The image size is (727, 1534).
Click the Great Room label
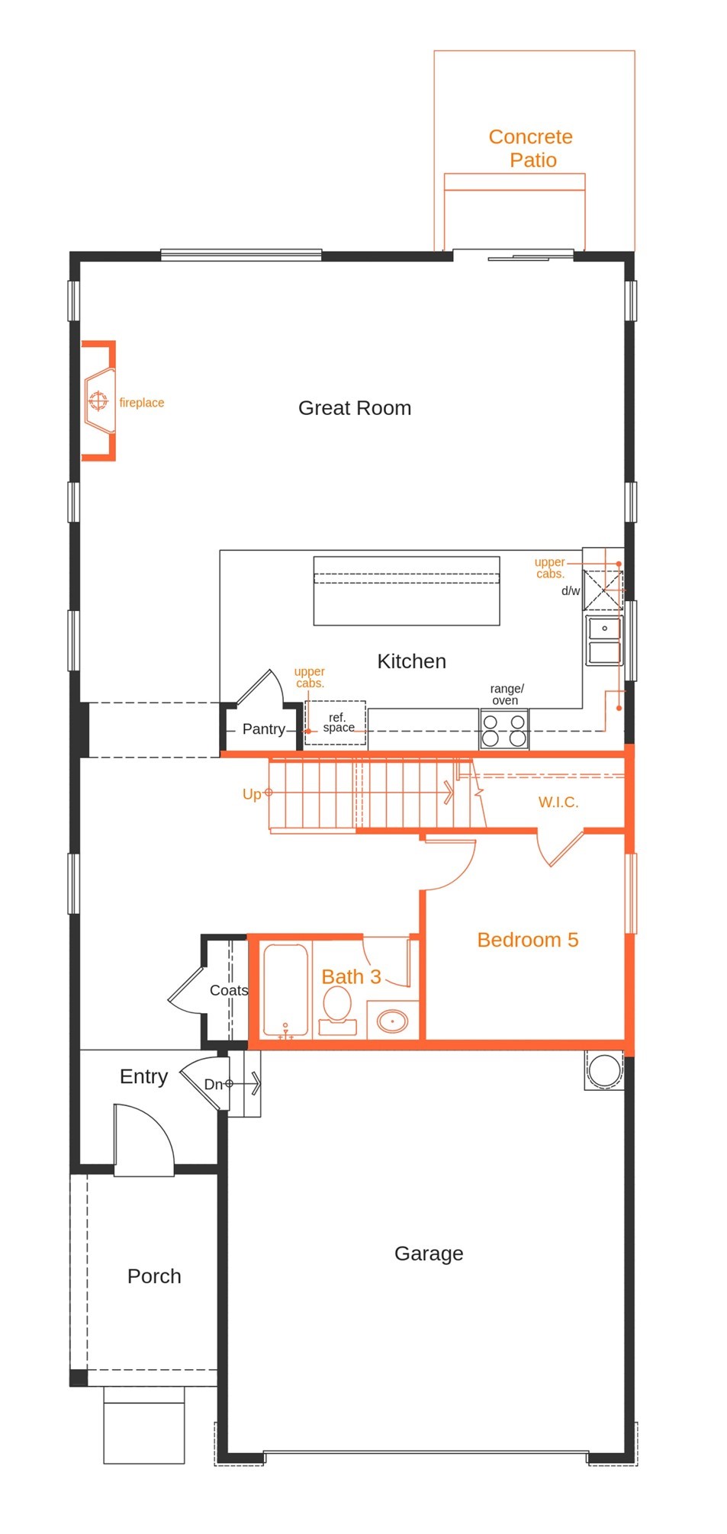click(355, 408)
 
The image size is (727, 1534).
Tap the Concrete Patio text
click(531, 148)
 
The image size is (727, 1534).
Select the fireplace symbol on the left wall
click(99, 400)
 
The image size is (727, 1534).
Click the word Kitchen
click(411, 661)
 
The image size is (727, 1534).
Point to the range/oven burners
click(504, 729)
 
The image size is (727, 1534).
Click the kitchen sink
click(604, 640)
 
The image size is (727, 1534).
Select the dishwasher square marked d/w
click(603, 590)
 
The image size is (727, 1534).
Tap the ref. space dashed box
click(336, 722)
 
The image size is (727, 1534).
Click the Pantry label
click(263, 729)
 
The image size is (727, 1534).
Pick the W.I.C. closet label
click(558, 802)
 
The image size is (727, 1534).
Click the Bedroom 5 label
click(528, 940)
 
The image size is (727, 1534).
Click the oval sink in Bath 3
click(393, 1021)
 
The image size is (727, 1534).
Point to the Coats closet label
click(229, 990)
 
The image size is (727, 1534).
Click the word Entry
click(143, 1077)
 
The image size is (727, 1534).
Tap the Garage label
click(429, 1254)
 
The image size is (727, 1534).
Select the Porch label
click(154, 1277)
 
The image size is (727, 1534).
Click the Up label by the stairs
click(251, 795)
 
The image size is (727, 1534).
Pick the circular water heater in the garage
click(605, 1069)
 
